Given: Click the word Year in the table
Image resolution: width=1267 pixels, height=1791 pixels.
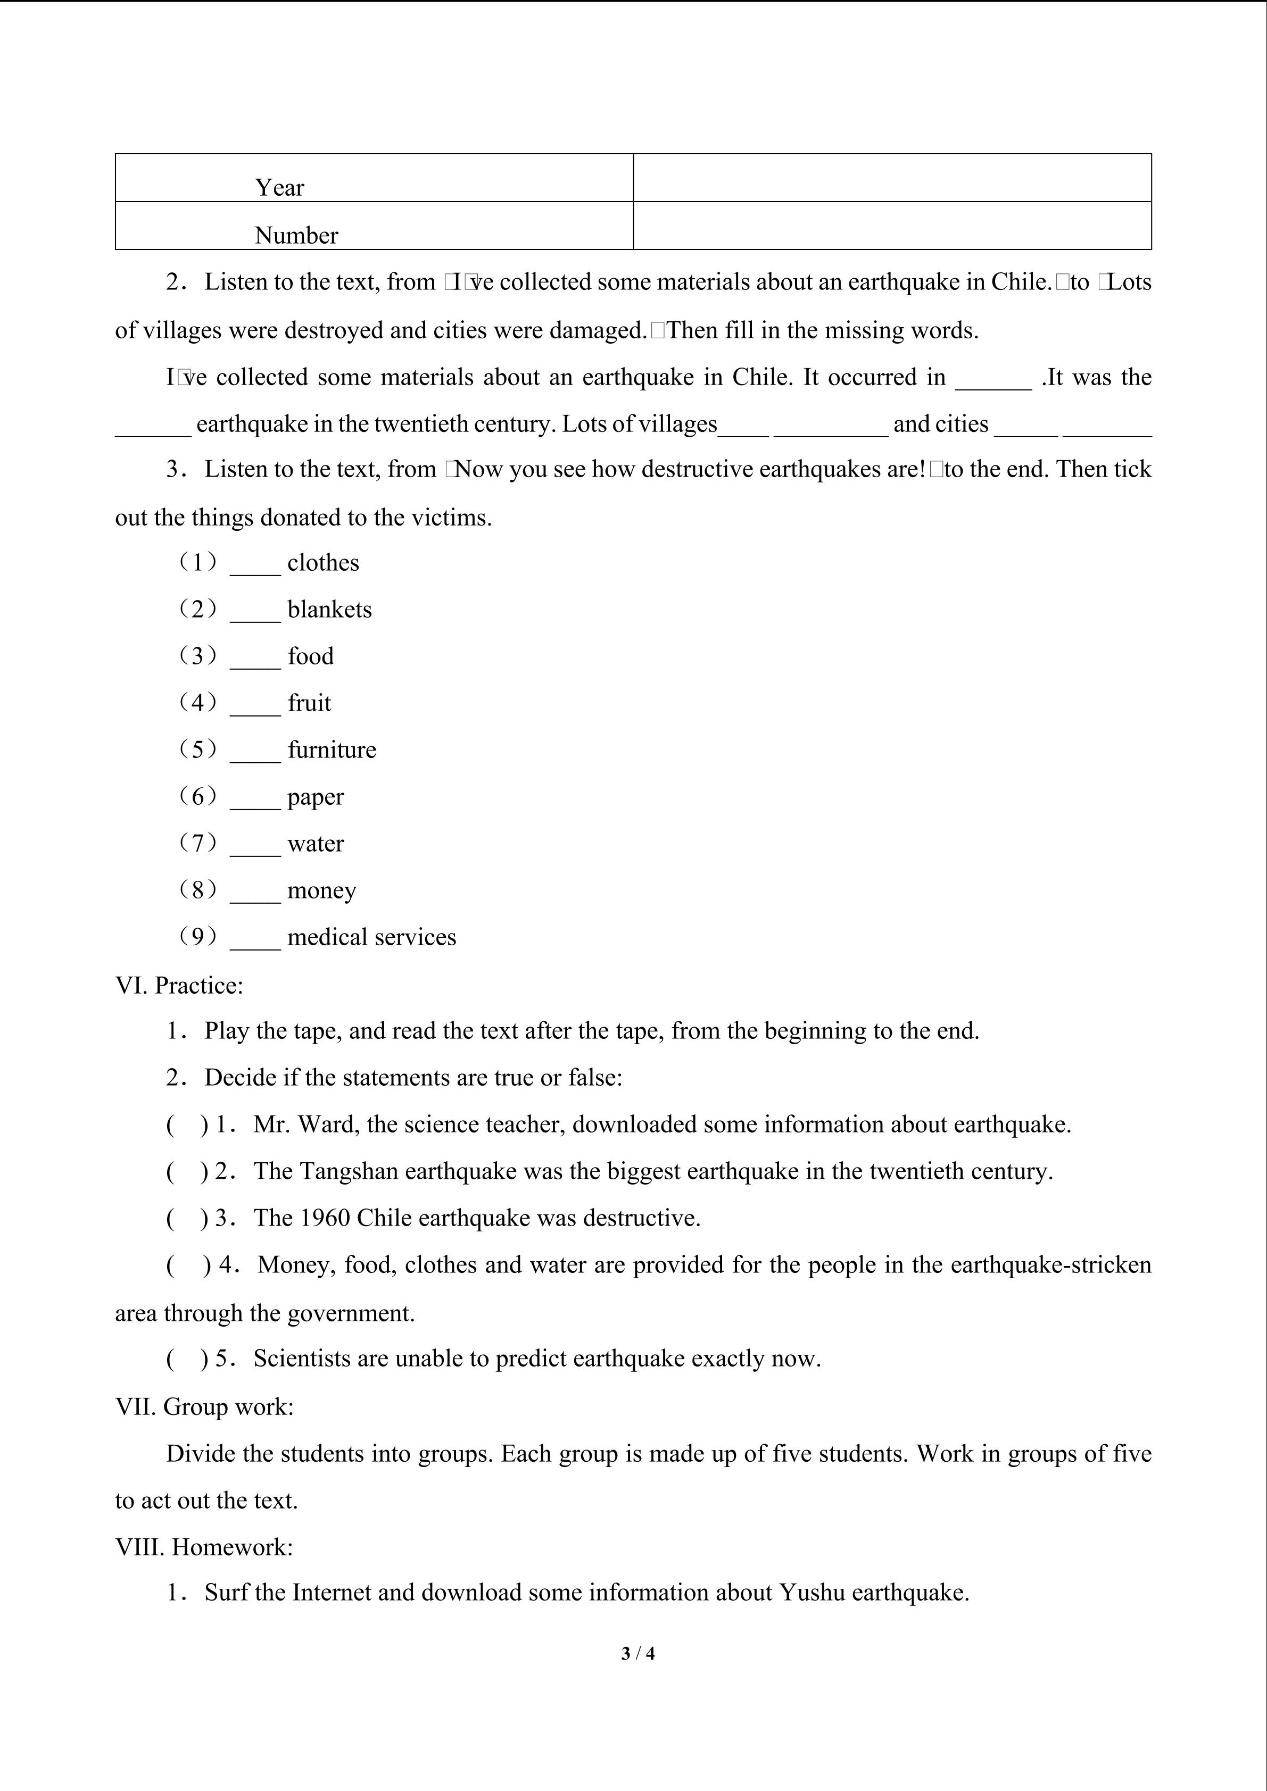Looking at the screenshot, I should (x=279, y=187).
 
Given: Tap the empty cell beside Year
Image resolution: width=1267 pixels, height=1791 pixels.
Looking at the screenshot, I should (x=892, y=178).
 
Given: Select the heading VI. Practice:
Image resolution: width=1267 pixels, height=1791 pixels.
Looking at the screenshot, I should (x=179, y=985).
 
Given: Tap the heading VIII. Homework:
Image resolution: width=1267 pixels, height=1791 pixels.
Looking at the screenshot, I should (x=204, y=1547).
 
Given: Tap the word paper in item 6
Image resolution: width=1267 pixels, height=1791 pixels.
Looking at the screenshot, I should (x=315, y=797).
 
